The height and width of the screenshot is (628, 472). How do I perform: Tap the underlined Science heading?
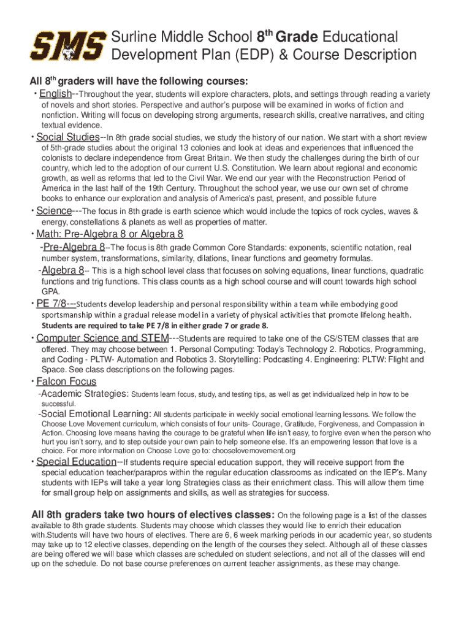click(54, 212)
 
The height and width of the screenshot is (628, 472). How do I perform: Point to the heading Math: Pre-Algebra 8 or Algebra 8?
click(110, 234)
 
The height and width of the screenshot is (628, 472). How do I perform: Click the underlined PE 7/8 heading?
click(56, 304)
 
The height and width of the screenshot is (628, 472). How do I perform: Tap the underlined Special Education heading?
click(76, 462)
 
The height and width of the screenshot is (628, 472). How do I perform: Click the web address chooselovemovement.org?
click(252, 451)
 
